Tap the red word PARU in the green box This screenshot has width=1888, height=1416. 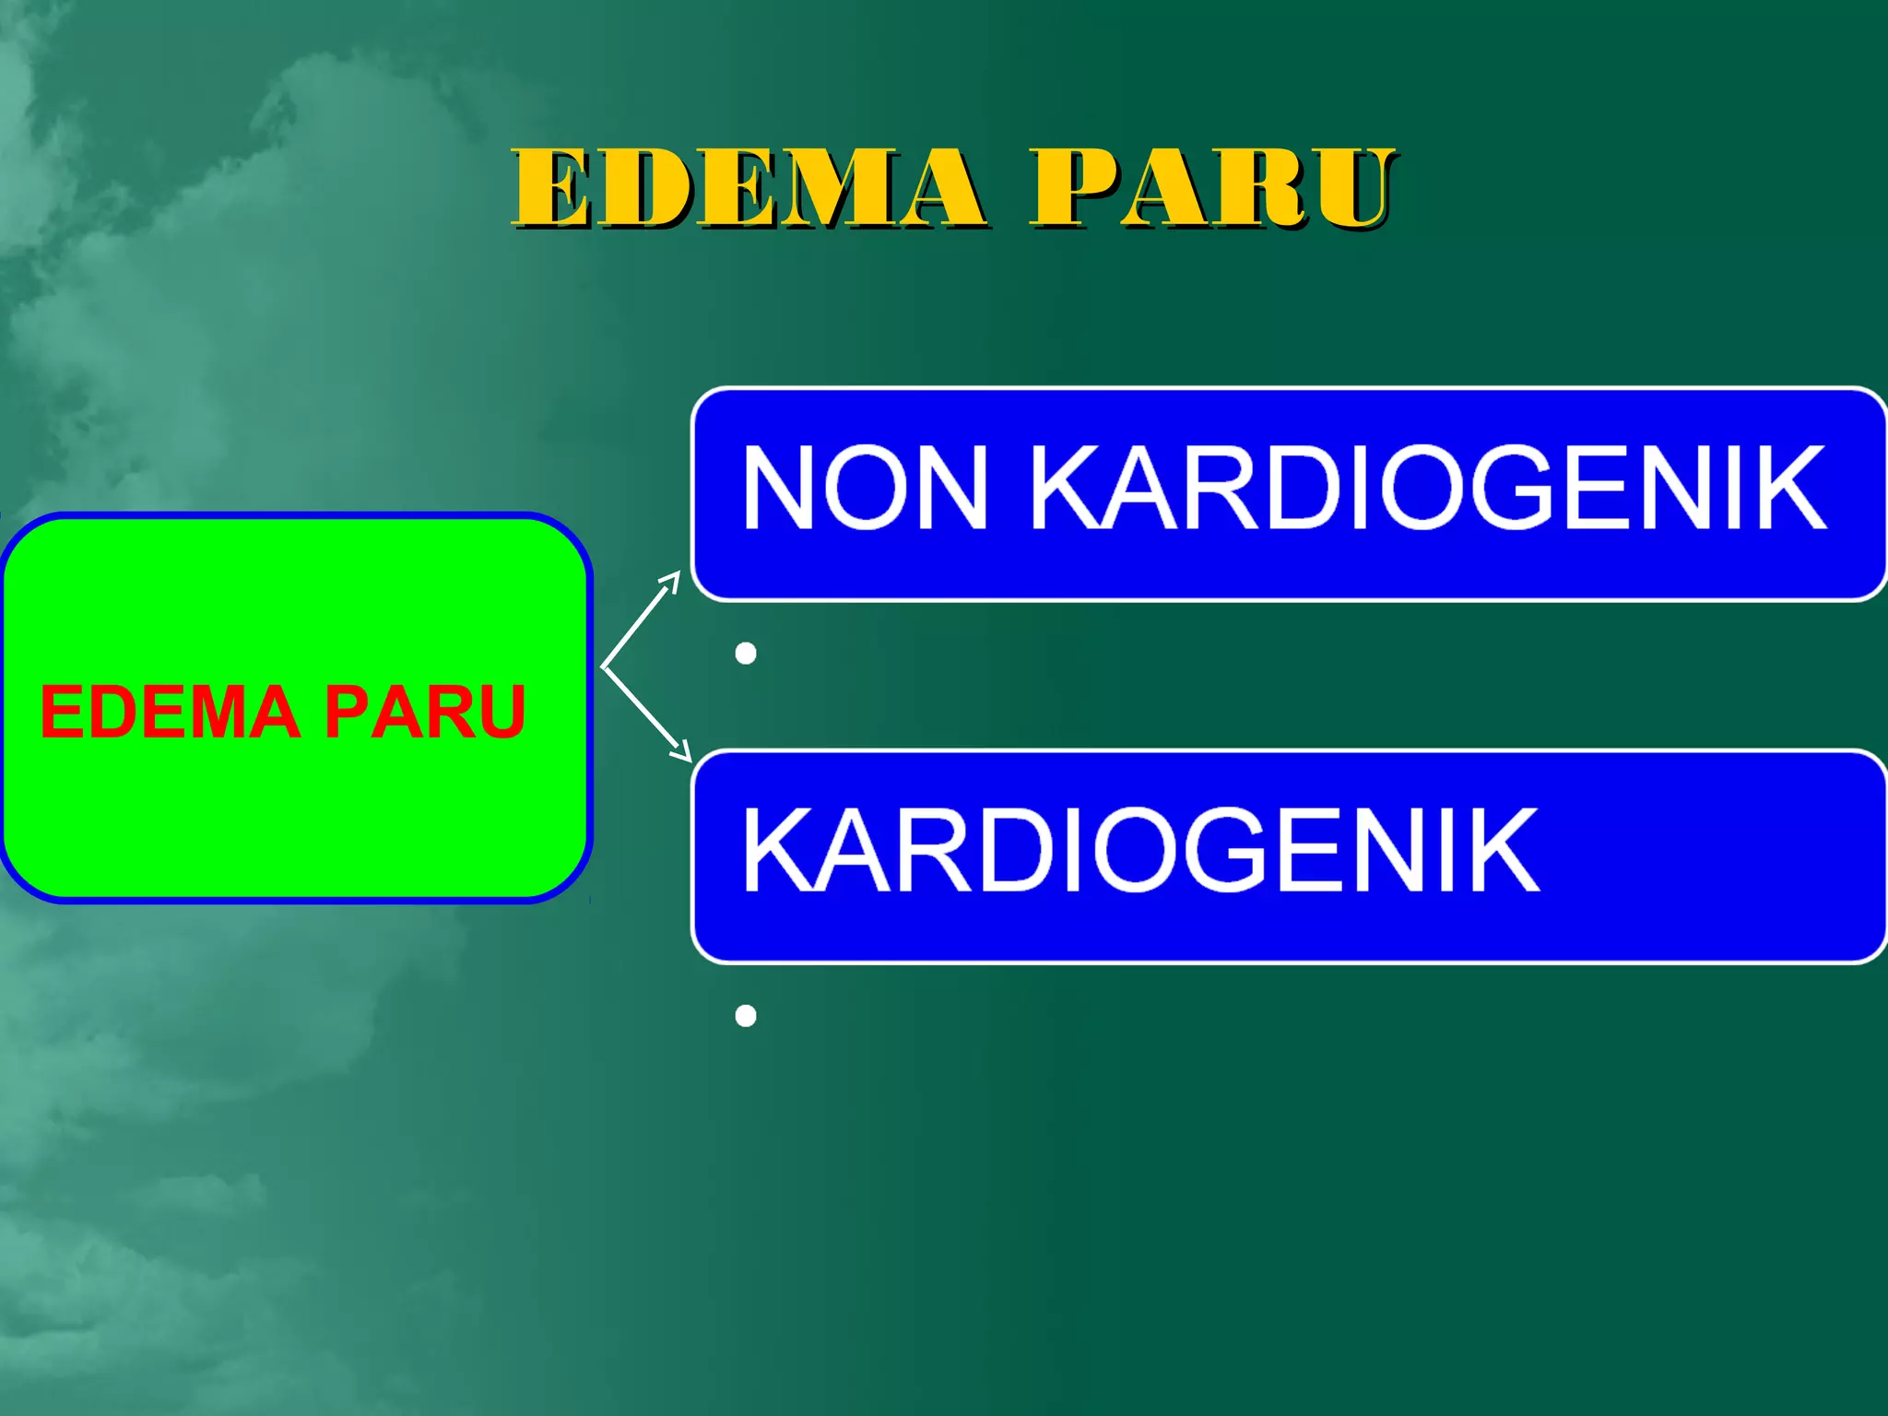(425, 712)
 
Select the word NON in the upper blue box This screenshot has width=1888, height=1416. (865, 488)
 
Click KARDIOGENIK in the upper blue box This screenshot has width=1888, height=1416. (1428, 488)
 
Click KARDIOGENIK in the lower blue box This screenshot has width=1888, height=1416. (1141, 849)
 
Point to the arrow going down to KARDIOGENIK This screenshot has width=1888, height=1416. (645, 713)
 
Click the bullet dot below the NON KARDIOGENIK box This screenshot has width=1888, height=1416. (746, 654)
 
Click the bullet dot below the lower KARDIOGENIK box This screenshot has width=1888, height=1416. (746, 1016)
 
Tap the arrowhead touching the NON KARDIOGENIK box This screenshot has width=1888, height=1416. (672, 580)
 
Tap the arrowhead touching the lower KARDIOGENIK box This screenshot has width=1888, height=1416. (683, 752)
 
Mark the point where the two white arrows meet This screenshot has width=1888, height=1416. (603, 666)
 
